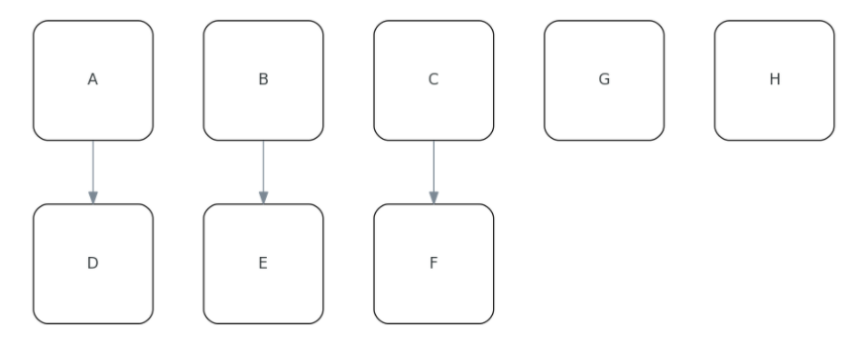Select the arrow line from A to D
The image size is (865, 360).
(93, 169)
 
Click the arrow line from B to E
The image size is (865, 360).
(263, 169)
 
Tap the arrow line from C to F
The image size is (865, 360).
(433, 169)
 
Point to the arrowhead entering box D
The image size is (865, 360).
(93, 198)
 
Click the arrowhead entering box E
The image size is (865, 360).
(263, 198)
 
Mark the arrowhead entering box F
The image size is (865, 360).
(433, 198)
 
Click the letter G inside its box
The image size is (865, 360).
(603, 80)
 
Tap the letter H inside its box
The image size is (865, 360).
(774, 80)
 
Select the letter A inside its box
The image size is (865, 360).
(93, 80)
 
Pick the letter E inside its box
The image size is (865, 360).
(263, 264)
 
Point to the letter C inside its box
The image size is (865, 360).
(433, 80)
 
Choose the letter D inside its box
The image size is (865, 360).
(93, 264)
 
